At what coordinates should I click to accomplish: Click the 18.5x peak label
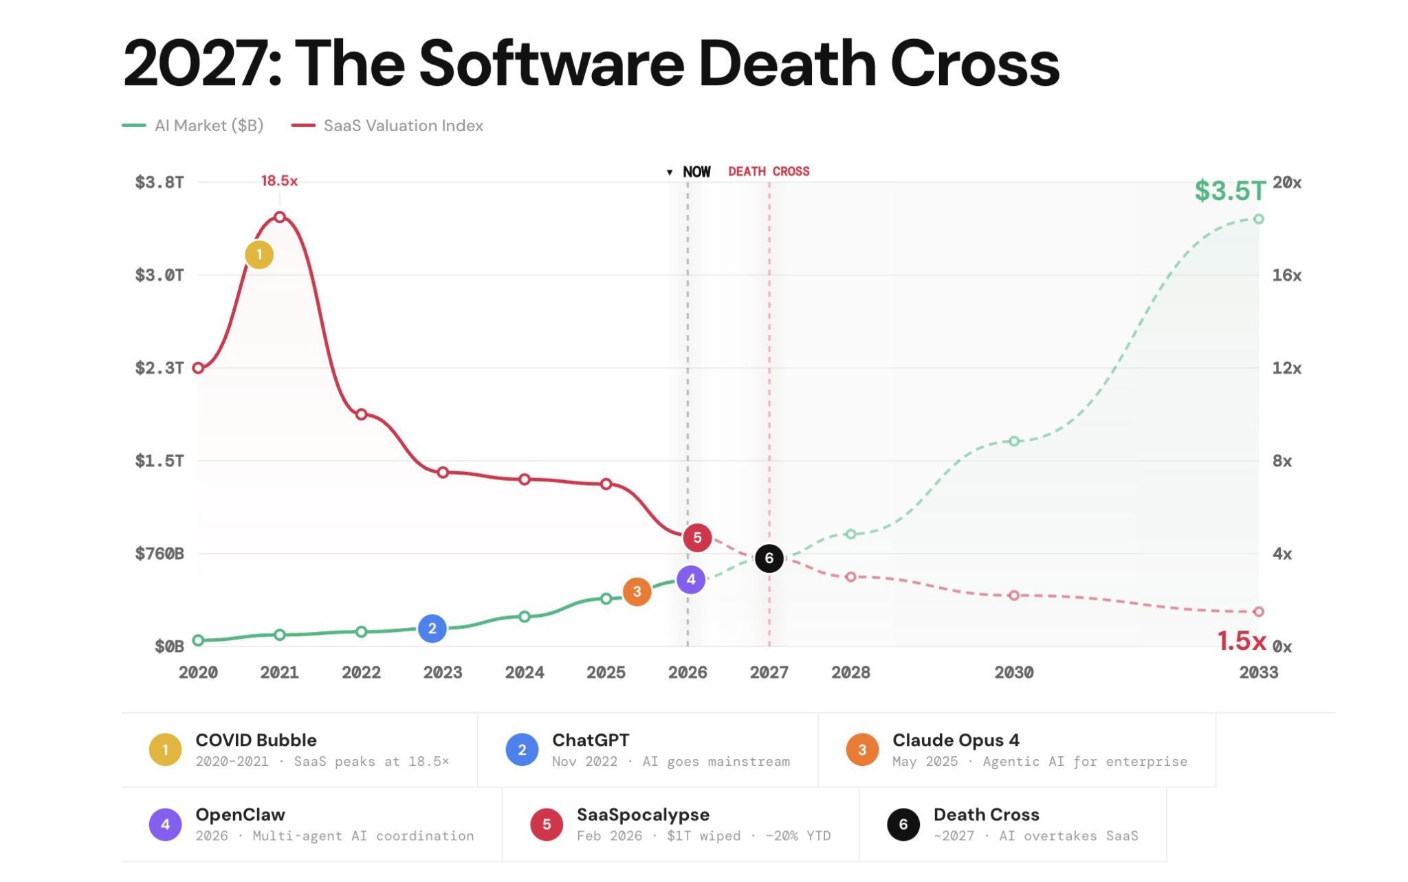(279, 181)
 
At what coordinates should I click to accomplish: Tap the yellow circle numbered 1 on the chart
(259, 255)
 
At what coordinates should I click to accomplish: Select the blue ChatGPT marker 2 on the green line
(432, 629)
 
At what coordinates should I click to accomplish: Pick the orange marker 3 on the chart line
(637, 591)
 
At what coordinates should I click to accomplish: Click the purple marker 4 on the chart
(691, 580)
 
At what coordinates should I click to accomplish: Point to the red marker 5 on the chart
(697, 537)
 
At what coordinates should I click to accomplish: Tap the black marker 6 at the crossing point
(769, 558)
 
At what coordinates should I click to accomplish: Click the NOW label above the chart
(696, 172)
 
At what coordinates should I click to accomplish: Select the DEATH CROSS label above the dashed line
(769, 172)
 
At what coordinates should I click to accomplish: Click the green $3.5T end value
(1229, 191)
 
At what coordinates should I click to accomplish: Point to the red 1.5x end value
(1241, 641)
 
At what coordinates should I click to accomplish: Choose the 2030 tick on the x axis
(1013, 672)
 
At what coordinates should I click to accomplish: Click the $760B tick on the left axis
(159, 554)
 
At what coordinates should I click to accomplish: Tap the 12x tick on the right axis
(1286, 368)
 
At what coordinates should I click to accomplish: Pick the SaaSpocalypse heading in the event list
(643, 815)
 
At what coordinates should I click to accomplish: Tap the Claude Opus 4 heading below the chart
(956, 740)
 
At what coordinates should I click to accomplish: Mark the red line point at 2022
(362, 414)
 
